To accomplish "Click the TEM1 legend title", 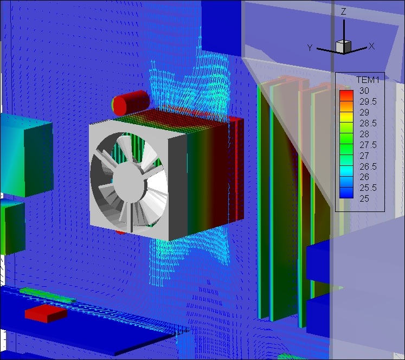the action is point(368,80).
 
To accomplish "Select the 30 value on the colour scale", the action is point(364,91).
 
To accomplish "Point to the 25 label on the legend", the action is point(364,198).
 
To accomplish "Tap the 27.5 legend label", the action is point(368,145).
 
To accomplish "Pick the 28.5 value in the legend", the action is point(368,123).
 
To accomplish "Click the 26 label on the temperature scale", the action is point(364,177).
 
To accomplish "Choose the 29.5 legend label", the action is point(368,102).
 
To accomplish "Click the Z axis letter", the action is point(343,11).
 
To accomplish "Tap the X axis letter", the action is point(371,46).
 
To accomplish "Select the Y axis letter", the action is point(310,48).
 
